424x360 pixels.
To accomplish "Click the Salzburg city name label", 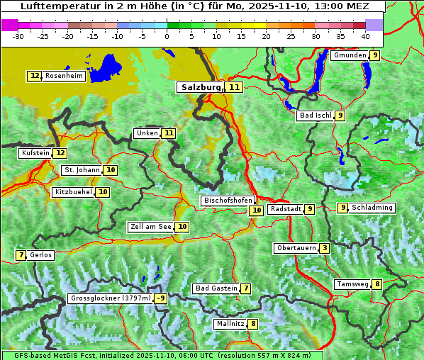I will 201,87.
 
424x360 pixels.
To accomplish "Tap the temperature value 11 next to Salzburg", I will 234,87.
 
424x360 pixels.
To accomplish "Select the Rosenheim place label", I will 64,76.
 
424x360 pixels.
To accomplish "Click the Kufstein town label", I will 35,153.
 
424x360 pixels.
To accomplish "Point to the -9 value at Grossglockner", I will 161,298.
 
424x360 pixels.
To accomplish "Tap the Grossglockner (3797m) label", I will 111,298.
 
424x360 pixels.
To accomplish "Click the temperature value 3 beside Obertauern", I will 324,248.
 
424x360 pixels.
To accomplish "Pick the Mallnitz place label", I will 230,324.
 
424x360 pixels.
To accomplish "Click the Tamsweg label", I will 352,284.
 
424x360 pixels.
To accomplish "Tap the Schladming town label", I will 372,208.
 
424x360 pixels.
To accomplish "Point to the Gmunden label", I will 350,55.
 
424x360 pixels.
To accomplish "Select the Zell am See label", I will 151,227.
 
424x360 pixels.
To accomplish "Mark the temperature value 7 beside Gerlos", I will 21,255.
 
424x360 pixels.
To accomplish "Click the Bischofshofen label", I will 228,201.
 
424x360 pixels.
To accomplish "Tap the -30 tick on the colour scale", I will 18,36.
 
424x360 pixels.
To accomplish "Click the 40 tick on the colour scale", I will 365,36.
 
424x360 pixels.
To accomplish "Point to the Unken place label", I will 147,133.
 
